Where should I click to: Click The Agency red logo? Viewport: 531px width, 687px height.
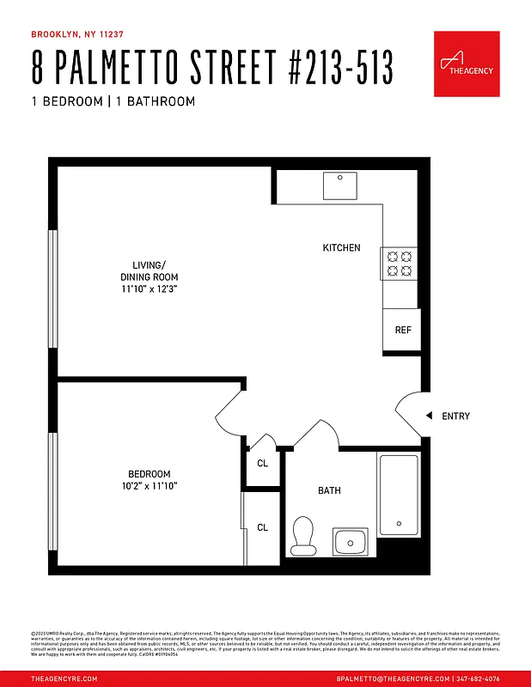(x=467, y=63)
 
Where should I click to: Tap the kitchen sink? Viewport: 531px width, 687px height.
(x=339, y=185)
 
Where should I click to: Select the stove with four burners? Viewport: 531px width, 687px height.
(x=400, y=263)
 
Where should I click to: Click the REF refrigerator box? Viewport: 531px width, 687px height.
(x=401, y=330)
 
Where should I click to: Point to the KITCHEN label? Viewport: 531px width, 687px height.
(x=341, y=248)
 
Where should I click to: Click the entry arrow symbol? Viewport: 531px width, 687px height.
(x=428, y=416)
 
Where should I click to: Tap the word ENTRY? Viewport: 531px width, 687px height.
(x=455, y=416)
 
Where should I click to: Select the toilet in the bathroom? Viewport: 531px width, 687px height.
(x=302, y=535)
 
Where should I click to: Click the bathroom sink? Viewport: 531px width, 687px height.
(x=350, y=542)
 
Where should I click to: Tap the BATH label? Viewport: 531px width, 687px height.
(x=329, y=490)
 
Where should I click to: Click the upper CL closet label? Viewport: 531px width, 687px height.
(x=262, y=464)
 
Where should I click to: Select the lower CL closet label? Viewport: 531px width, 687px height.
(x=262, y=527)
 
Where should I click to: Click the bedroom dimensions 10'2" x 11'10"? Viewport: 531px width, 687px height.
(x=150, y=486)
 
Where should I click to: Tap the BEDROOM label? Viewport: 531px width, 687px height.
(x=150, y=474)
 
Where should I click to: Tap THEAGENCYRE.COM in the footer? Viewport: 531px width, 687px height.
(x=64, y=678)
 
